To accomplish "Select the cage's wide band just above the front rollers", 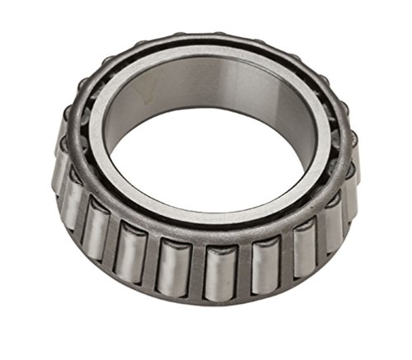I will (x=206, y=231).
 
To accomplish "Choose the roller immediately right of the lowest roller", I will (x=262, y=265).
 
